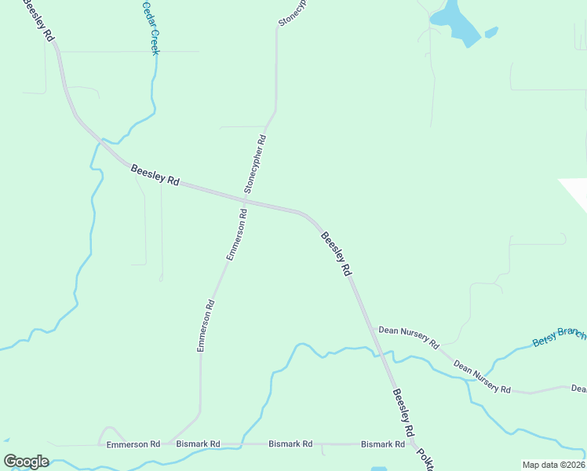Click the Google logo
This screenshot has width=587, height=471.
tap(26, 462)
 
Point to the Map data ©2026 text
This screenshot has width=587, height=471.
tap(553, 465)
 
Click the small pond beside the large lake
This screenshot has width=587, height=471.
tap(491, 33)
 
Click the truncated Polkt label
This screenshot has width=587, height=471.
tap(425, 456)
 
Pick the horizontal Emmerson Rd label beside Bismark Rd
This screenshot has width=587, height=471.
tap(133, 444)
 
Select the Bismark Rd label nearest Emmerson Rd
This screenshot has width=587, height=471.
tap(199, 444)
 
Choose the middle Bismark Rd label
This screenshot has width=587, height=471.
tap(290, 444)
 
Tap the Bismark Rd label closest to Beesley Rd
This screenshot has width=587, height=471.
tap(382, 444)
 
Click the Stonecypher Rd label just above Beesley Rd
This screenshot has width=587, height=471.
tap(255, 164)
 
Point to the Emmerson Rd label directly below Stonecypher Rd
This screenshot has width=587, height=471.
tap(236, 235)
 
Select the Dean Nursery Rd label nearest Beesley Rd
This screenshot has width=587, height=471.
tap(408, 336)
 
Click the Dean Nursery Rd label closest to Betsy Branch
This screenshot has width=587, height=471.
tap(482, 378)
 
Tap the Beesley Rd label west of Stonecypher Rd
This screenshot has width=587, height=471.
tap(155, 174)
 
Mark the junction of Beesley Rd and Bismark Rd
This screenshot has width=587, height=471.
tap(413, 444)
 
